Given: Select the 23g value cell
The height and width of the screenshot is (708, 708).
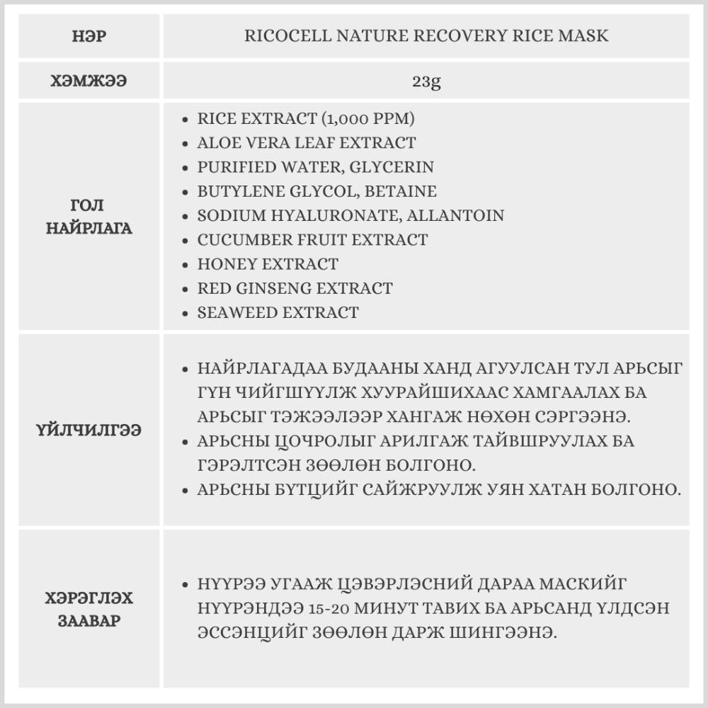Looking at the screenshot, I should [x=426, y=81].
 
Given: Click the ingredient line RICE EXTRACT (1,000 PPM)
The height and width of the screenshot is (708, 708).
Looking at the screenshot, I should [x=306, y=118].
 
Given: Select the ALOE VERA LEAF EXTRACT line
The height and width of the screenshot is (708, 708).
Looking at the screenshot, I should [x=306, y=142].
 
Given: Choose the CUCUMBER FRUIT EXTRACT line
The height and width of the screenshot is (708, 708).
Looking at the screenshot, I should [x=312, y=239].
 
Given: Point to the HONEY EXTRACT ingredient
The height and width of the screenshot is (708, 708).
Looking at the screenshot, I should [x=268, y=264].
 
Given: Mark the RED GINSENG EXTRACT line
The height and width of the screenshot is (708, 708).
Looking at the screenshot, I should [x=295, y=288].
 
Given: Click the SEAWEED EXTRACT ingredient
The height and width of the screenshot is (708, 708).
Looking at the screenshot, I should [x=278, y=312].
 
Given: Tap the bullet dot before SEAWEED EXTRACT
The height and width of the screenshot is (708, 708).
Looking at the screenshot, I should [x=185, y=313].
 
